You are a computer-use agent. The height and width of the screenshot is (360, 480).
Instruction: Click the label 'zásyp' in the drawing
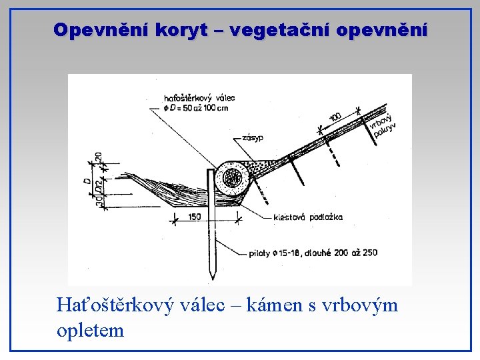point(253,138)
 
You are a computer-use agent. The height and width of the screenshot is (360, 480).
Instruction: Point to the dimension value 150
point(195,217)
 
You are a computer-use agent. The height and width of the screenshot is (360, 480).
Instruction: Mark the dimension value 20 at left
point(99,157)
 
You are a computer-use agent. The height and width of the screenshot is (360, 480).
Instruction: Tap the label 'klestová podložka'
point(308,217)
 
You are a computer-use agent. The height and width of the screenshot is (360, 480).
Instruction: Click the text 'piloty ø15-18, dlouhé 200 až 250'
point(312,253)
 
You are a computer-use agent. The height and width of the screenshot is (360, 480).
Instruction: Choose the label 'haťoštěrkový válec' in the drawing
point(199,98)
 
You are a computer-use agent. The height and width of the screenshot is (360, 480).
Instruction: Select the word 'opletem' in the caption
point(91,329)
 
